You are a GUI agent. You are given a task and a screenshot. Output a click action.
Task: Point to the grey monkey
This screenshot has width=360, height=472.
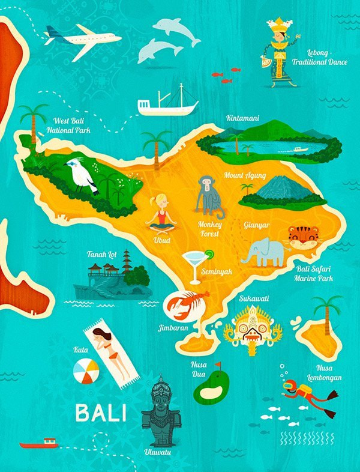point(207,195)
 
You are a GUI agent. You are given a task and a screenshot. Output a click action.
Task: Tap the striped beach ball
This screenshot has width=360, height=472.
point(86,371)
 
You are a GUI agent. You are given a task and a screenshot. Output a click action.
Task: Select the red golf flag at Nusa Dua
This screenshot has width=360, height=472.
point(217,366)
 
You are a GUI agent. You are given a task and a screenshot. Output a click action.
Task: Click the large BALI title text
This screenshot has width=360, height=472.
point(101,413)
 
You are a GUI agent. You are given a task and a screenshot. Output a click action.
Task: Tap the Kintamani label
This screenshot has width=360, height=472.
point(244,118)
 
